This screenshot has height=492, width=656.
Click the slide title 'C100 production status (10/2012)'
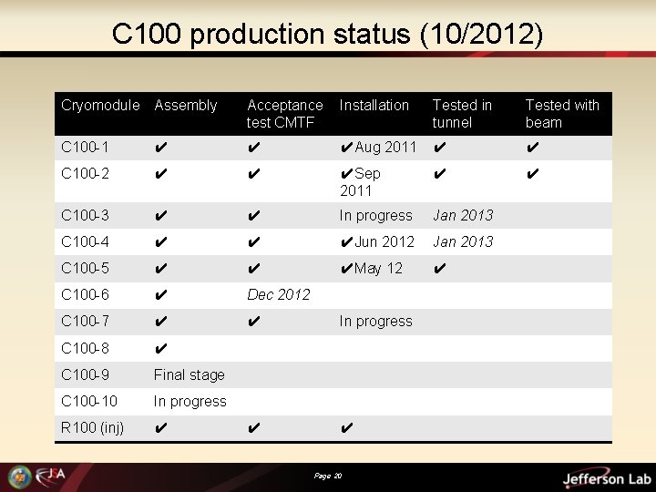tap(327, 35)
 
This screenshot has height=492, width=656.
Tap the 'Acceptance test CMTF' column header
tap(284, 114)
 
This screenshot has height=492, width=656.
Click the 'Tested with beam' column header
tap(561, 114)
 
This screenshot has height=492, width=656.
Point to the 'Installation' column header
tap(374, 106)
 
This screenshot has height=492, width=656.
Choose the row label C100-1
tap(85, 148)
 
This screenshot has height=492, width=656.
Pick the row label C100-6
tap(85, 294)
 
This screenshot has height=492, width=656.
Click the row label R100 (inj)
tap(92, 427)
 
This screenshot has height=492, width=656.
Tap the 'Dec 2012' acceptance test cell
tap(279, 294)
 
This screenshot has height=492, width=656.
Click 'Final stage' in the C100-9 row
tap(189, 374)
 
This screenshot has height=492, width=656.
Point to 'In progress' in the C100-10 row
tap(190, 401)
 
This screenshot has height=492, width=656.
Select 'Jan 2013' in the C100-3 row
tap(462, 215)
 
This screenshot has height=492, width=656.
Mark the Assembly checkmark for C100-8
tap(160, 348)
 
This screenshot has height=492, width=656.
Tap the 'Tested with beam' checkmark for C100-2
tap(533, 174)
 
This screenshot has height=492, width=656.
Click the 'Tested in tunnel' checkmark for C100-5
tap(440, 269)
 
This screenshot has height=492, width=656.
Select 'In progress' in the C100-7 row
tap(375, 321)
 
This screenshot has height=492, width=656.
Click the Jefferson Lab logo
tap(605, 478)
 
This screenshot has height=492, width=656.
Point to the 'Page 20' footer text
tap(327, 476)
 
